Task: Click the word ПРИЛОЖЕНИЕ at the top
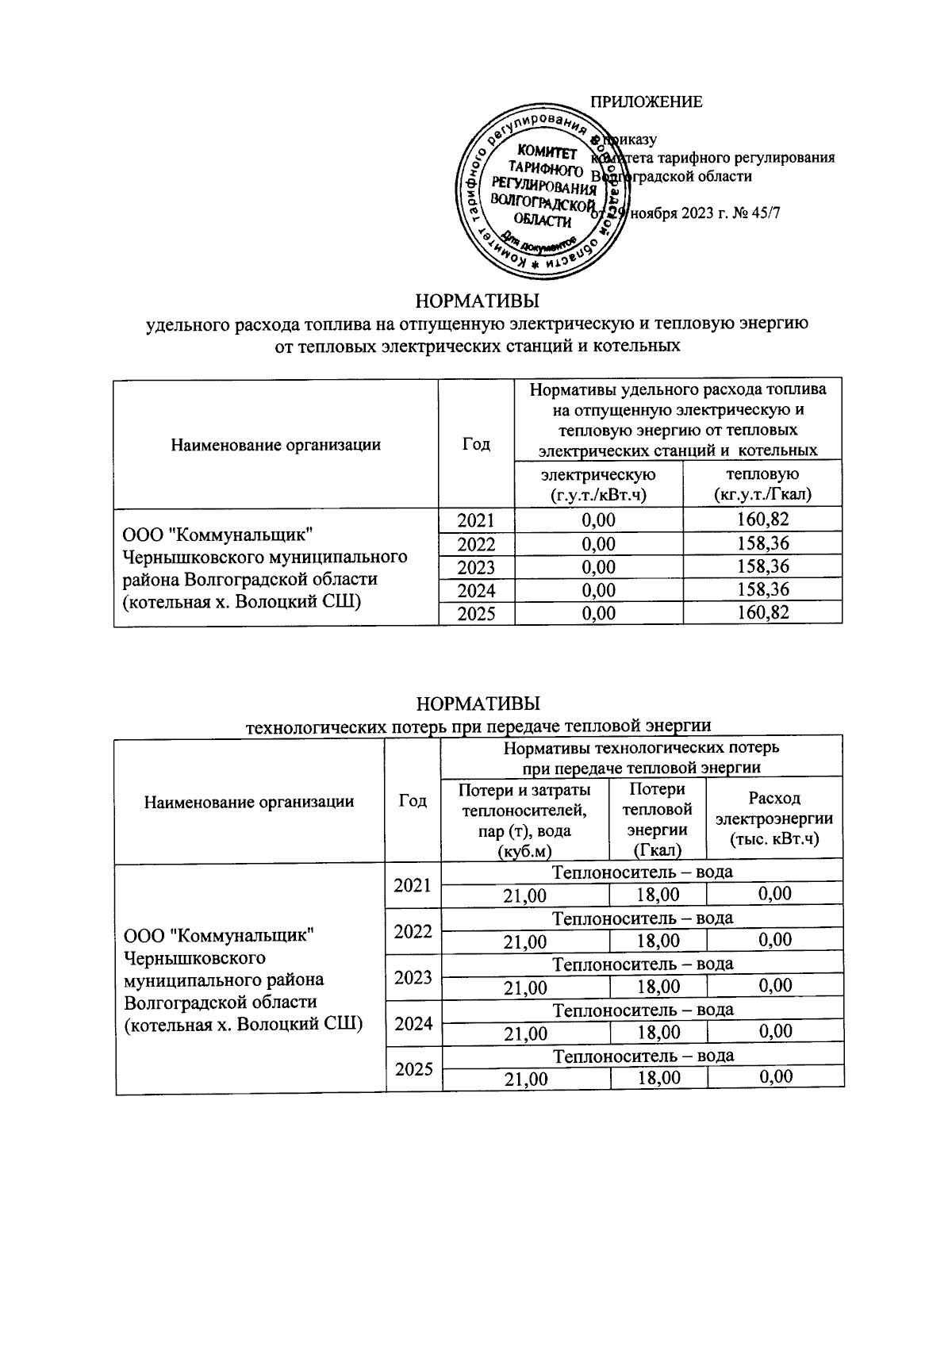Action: pyautogui.click(x=647, y=102)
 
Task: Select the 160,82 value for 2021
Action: pyautogui.click(x=762, y=520)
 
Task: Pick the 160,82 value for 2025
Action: pyautogui.click(x=762, y=613)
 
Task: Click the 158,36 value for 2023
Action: pyautogui.click(x=762, y=567)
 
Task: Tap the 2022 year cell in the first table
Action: pyautogui.click(x=476, y=544)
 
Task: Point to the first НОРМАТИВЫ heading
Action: pyautogui.click(x=478, y=301)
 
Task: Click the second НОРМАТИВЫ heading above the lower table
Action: pyautogui.click(x=478, y=704)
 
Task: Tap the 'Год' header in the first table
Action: pyautogui.click(x=476, y=444)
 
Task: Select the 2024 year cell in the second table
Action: pyautogui.click(x=413, y=1023)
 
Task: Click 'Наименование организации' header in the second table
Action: pyautogui.click(x=249, y=801)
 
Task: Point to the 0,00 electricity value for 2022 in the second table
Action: pyautogui.click(x=774, y=941)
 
